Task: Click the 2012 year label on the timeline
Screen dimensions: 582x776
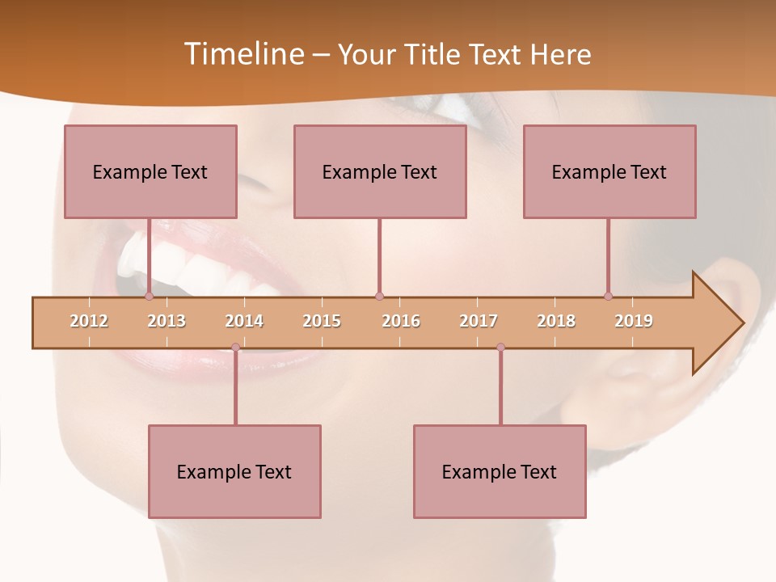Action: (89, 321)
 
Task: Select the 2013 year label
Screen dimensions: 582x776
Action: (167, 321)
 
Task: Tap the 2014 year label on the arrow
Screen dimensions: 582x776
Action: (244, 321)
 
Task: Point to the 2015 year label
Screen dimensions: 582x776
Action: (322, 321)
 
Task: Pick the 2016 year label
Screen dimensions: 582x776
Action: (401, 321)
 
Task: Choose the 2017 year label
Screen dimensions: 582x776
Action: (479, 321)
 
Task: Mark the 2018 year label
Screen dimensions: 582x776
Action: (556, 321)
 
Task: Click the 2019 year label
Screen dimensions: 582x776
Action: (634, 321)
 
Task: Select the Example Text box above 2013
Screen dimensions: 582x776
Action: (150, 171)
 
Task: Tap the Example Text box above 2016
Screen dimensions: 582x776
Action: (380, 171)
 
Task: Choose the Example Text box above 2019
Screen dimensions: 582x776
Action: (609, 171)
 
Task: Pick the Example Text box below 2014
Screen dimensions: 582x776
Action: (234, 471)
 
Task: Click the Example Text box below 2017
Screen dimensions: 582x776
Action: (500, 471)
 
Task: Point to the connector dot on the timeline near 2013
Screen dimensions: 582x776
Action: (149, 296)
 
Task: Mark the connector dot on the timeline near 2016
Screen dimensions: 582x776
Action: (379, 296)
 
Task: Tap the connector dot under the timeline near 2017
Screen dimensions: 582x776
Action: (500, 348)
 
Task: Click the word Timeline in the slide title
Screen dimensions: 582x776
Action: (242, 54)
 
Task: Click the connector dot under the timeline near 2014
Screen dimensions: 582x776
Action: (235, 348)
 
